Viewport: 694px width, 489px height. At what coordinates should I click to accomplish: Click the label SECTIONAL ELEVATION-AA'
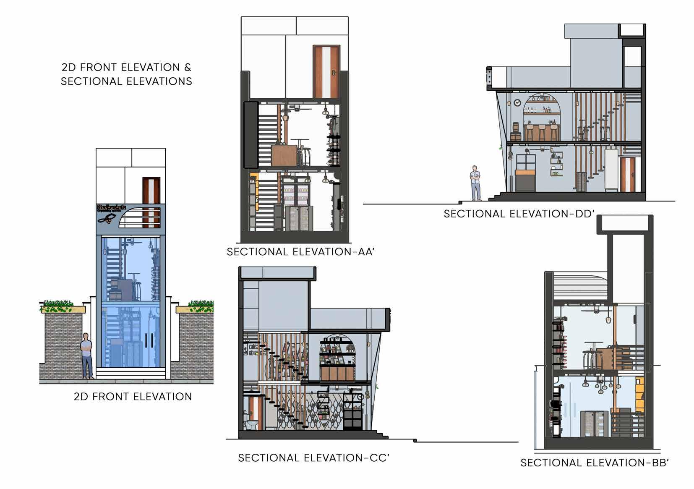[300, 252]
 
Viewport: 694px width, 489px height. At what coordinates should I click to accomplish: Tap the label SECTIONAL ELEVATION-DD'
[519, 214]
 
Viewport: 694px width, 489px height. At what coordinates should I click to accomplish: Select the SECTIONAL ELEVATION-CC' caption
[314, 458]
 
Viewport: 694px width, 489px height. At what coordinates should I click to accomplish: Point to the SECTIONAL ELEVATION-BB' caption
[594, 463]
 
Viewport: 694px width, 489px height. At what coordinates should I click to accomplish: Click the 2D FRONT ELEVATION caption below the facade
[133, 397]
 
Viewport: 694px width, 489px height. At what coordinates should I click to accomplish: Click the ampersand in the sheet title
[188, 68]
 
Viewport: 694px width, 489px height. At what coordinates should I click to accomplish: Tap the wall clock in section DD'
[517, 103]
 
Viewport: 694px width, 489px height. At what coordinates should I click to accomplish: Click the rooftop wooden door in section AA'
[326, 72]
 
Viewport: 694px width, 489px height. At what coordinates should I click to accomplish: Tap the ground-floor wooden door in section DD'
[627, 174]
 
